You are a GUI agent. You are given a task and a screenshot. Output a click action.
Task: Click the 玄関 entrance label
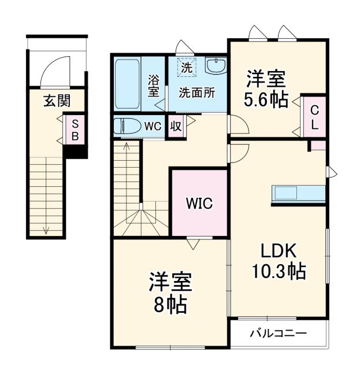(x=57, y=101)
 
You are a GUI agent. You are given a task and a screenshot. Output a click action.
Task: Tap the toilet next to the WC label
(x=126, y=126)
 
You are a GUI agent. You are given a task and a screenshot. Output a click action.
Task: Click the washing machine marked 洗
(x=186, y=66)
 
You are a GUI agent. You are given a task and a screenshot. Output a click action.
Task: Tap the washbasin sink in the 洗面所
(x=216, y=67)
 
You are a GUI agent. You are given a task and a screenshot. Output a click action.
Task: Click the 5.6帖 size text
(x=265, y=100)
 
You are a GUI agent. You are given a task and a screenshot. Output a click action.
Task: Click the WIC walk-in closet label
(x=199, y=203)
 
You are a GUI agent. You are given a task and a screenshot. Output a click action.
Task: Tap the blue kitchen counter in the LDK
(x=298, y=193)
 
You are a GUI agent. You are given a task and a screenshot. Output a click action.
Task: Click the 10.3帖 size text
(x=279, y=270)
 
